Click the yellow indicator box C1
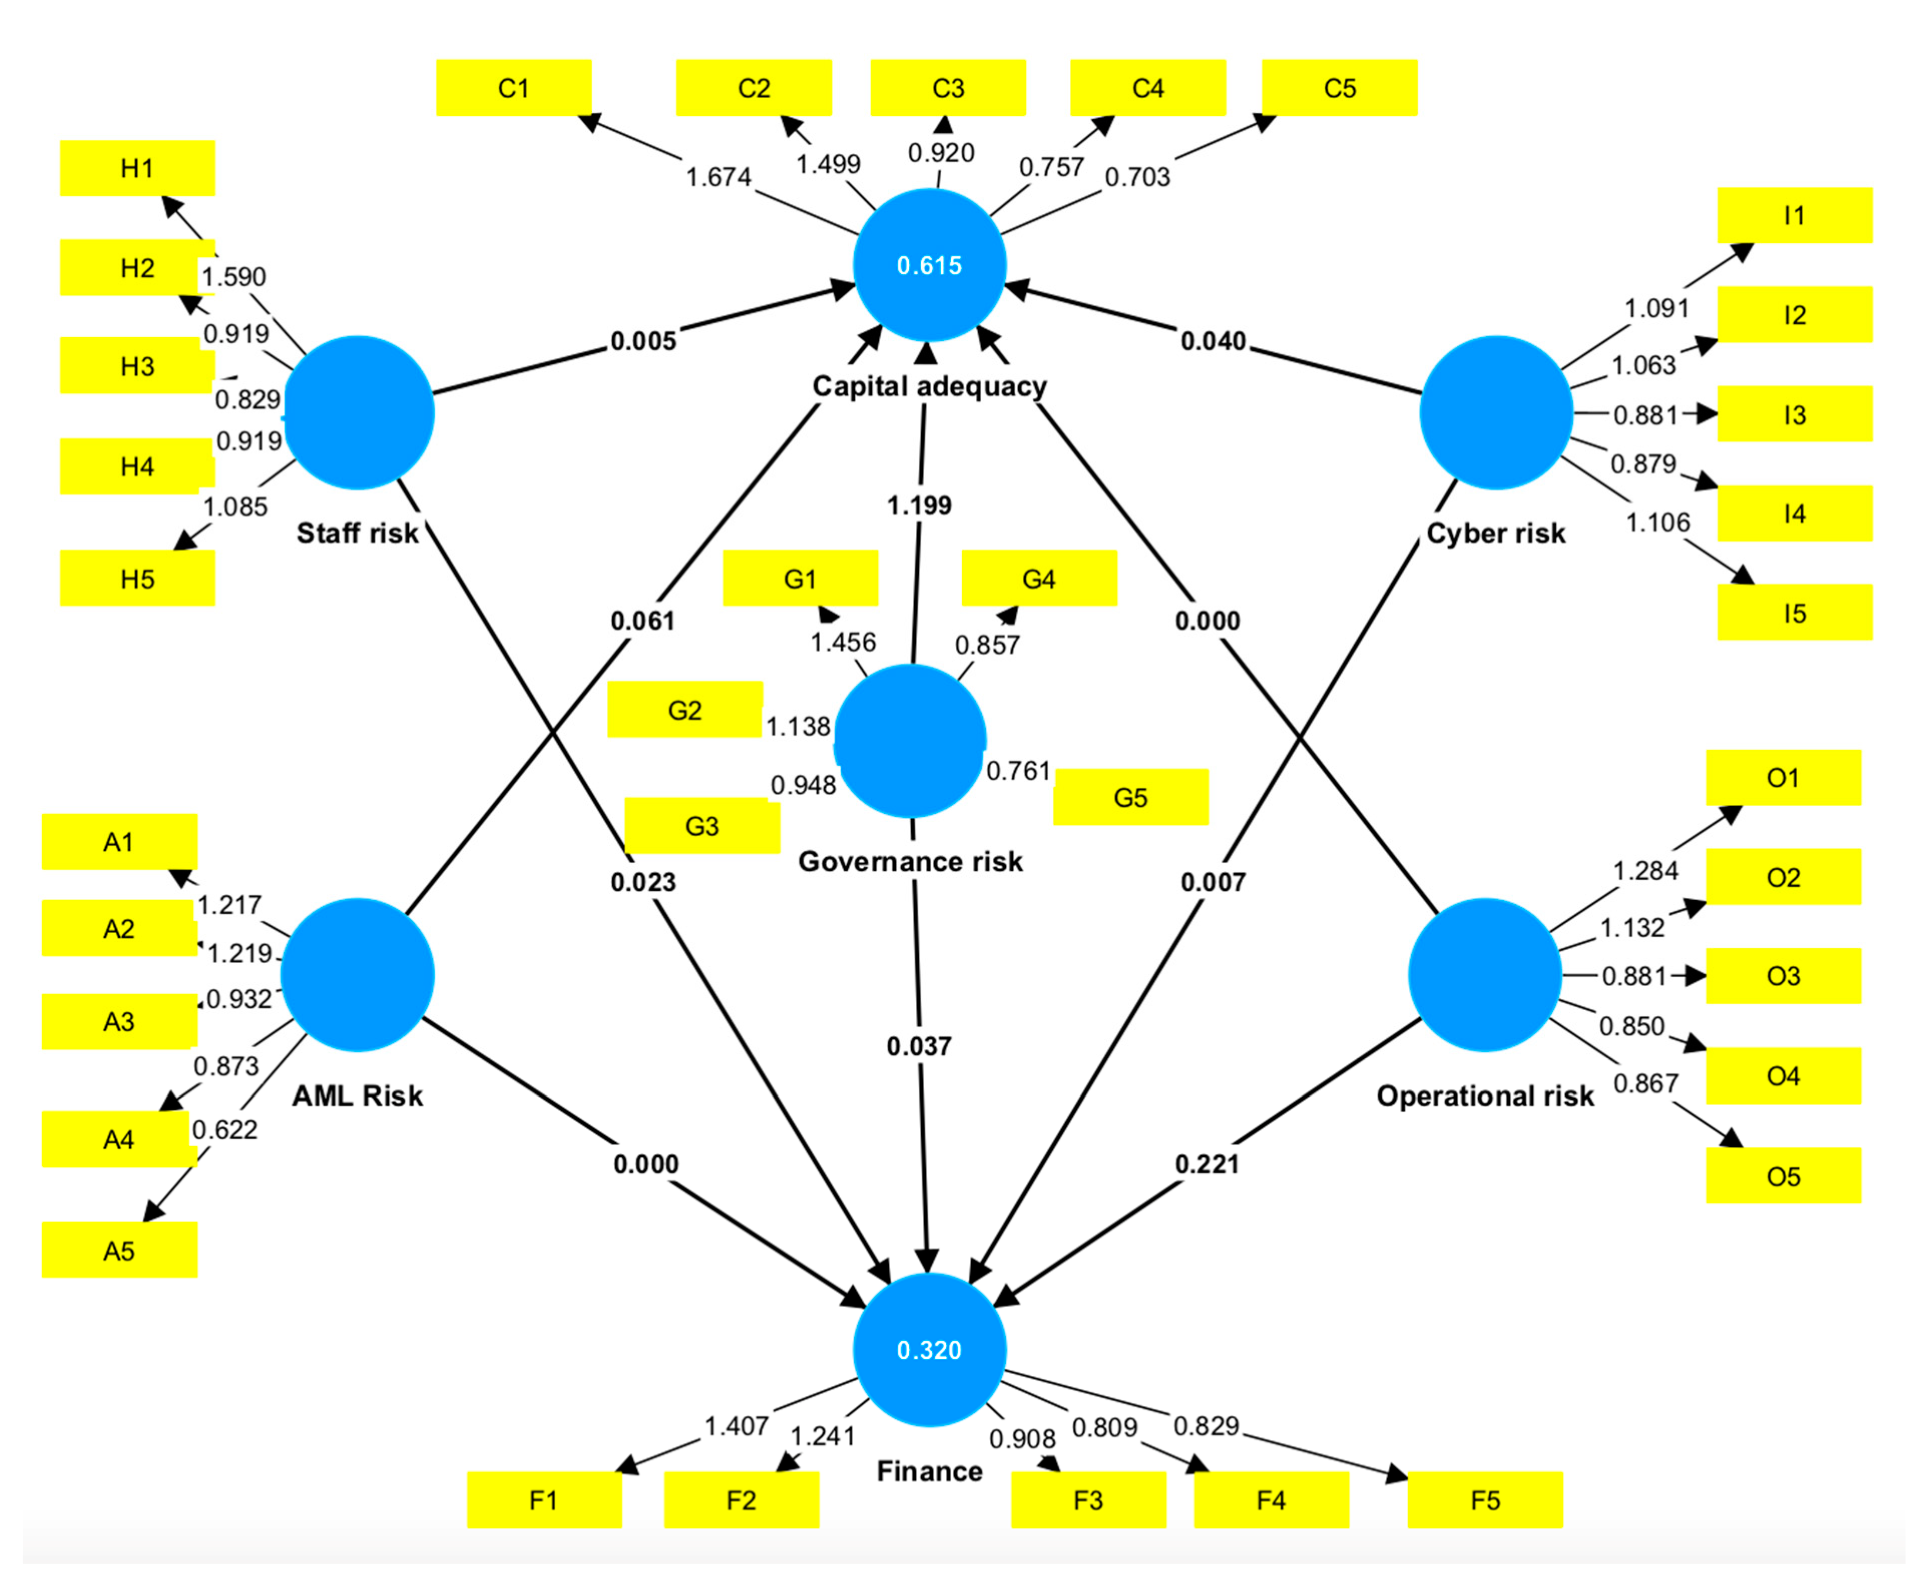pos(514,88)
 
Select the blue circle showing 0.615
pos(928,265)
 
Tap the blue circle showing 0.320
pos(928,1349)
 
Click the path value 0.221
pos(1207,1164)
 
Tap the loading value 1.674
pos(718,177)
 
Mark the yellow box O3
pos(1783,976)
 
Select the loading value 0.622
pos(225,1130)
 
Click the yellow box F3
pos(1088,1500)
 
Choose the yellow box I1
pos(1794,216)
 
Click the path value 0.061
pos(643,621)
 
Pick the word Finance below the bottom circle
pos(928,1471)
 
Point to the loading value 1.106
pos(1657,523)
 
